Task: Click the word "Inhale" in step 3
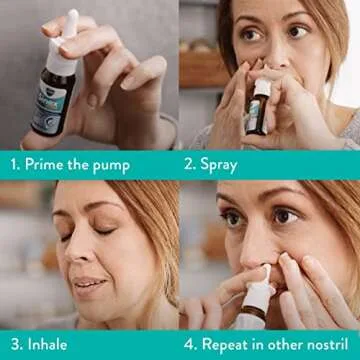pos(46,344)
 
